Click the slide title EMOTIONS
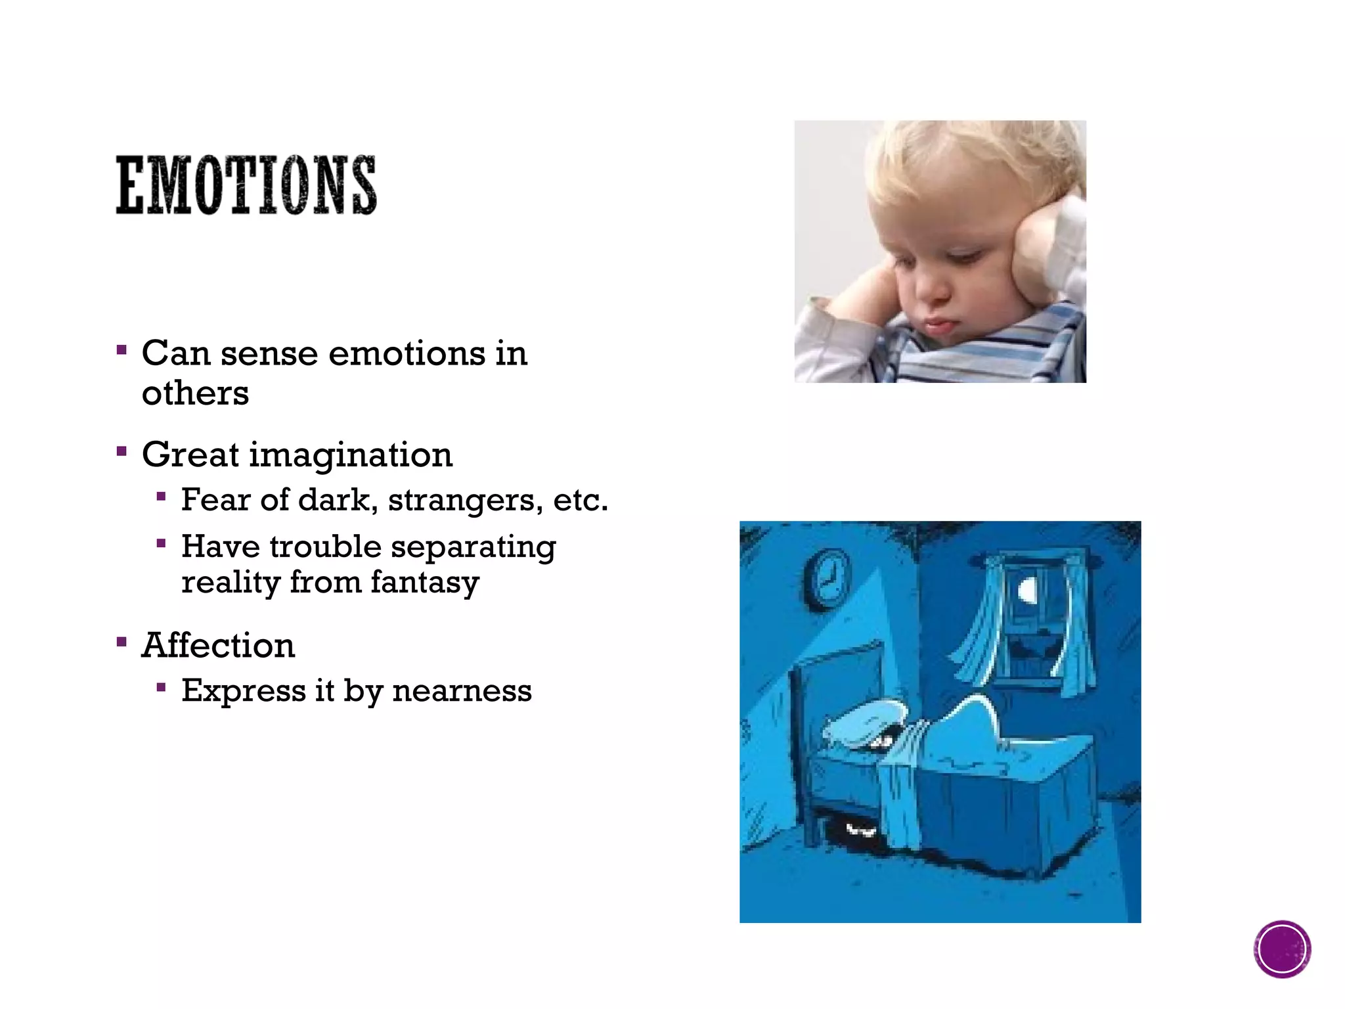[x=246, y=185]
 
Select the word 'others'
[x=195, y=393]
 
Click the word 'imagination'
[x=351, y=455]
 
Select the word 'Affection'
[x=218, y=645]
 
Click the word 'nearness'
[x=462, y=690]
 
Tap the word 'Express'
[x=244, y=690]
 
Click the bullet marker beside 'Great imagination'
[x=121, y=451]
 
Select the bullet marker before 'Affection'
[x=121, y=641]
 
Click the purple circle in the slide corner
[x=1282, y=949]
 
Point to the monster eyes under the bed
[x=860, y=830]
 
